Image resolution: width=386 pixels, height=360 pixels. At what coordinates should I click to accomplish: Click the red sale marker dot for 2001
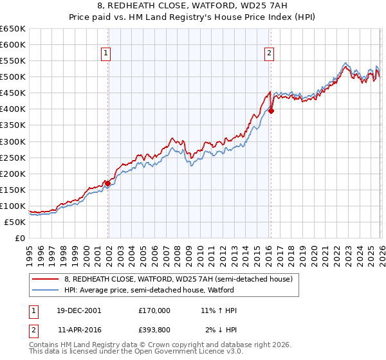(x=107, y=183)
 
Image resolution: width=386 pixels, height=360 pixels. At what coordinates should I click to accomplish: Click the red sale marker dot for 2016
(x=271, y=111)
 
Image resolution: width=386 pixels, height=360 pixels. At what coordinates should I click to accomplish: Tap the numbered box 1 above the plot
(x=106, y=53)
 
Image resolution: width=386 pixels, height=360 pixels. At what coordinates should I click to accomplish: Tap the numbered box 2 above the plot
(x=269, y=53)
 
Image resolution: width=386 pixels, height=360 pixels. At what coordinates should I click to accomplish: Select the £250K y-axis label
(x=13, y=157)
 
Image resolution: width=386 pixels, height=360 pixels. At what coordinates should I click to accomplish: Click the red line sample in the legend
(x=45, y=279)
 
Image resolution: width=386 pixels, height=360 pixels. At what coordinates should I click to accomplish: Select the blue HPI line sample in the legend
(x=45, y=290)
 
